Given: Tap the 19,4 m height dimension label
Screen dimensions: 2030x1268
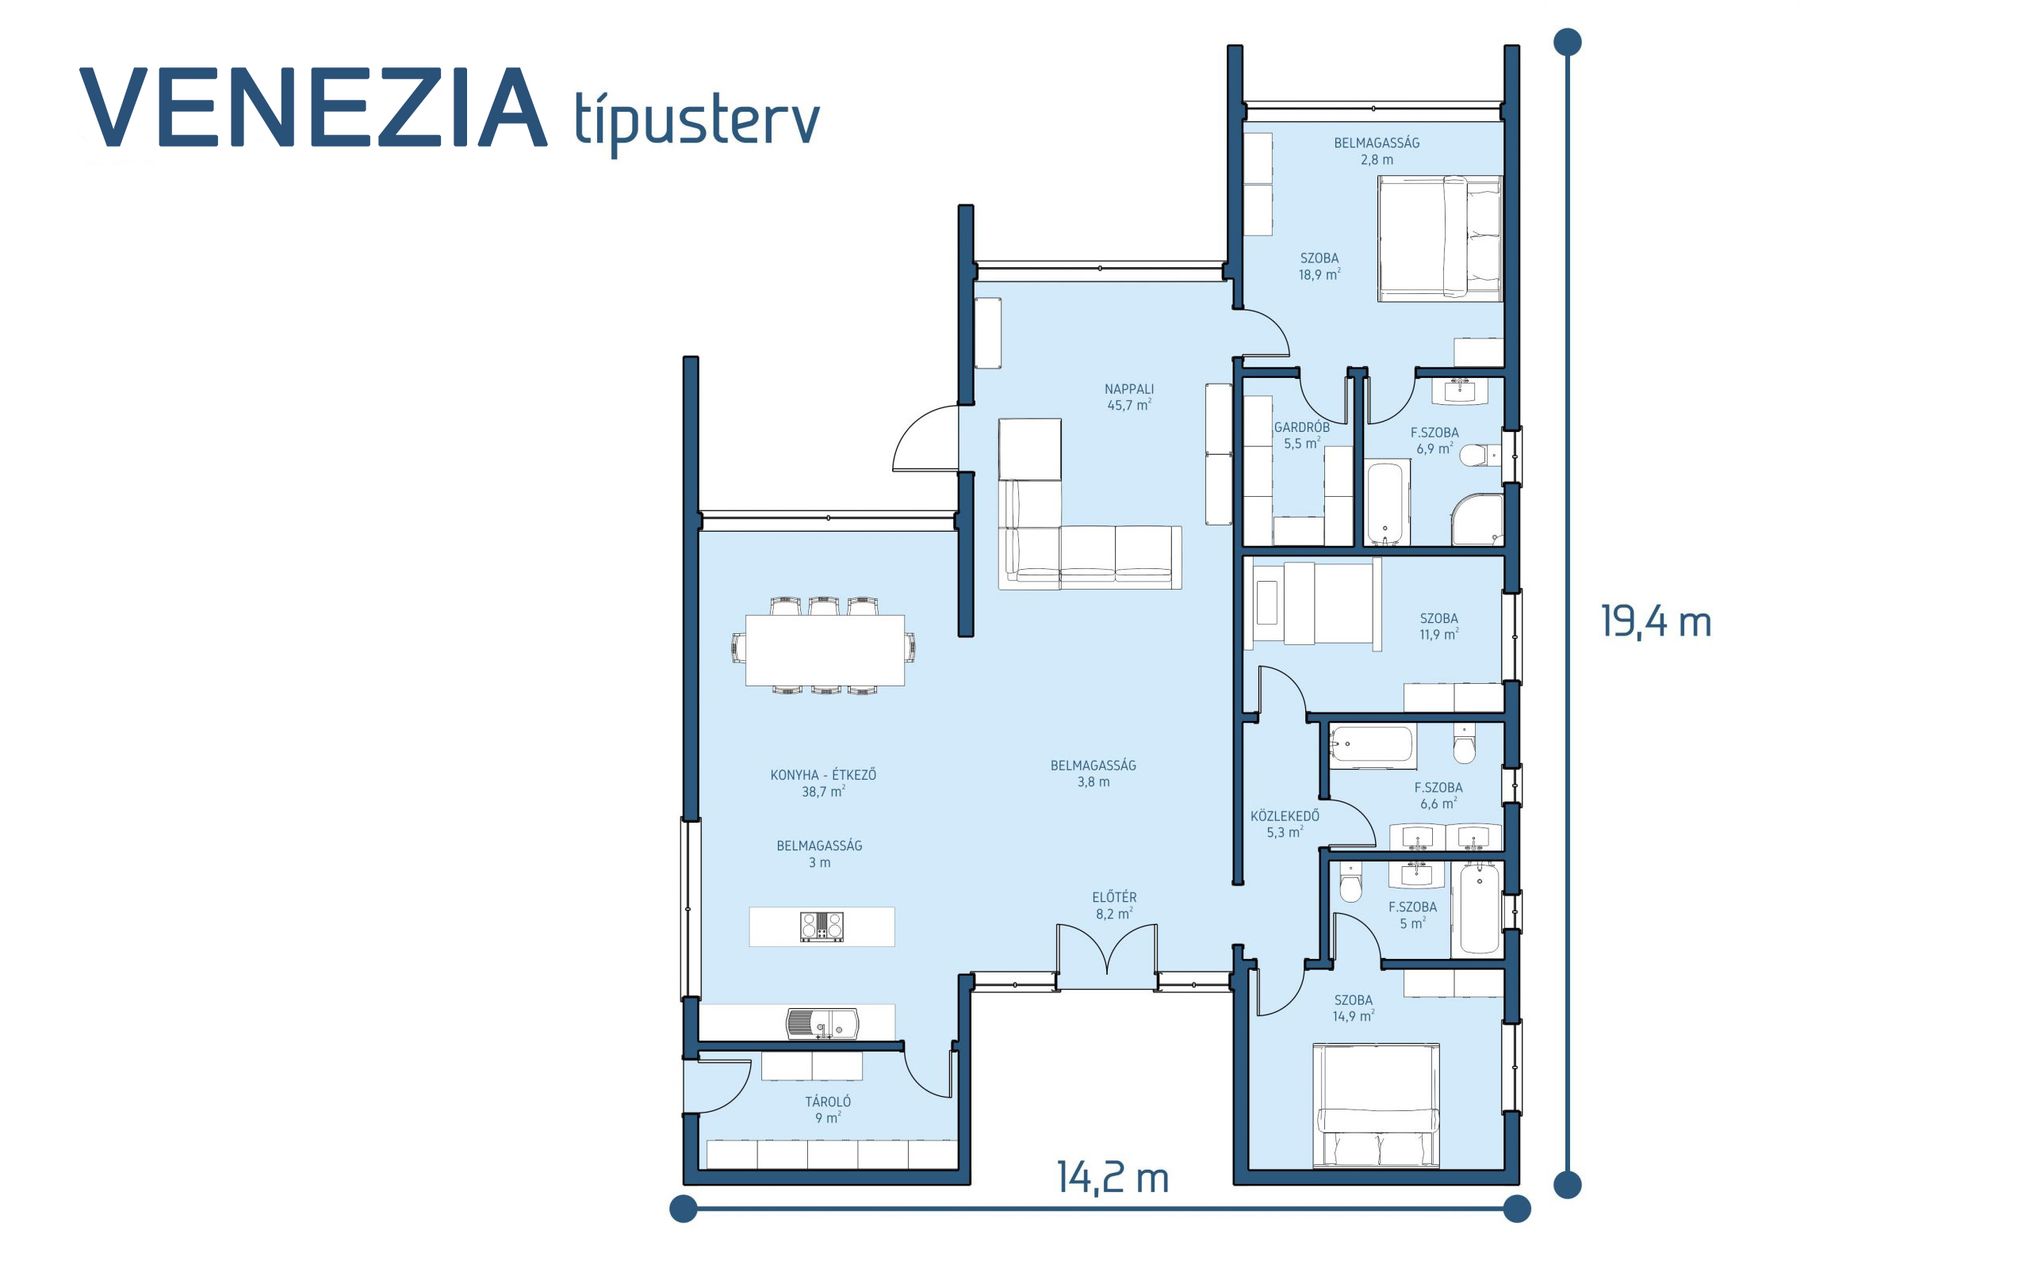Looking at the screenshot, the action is [x=1655, y=622].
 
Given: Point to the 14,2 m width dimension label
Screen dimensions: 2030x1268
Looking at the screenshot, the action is [x=1113, y=1178].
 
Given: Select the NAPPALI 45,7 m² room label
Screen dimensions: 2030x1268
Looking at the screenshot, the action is [x=1129, y=397].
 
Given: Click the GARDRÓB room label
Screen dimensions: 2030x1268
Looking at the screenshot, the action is [x=1301, y=427].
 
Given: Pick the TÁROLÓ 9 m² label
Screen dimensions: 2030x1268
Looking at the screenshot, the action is [x=828, y=1109].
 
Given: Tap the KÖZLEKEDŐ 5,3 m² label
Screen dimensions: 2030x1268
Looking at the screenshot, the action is [x=1285, y=823].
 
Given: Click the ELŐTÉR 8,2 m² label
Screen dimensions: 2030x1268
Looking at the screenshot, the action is [x=1114, y=906].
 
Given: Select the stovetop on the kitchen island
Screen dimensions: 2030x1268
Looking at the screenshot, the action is [x=822, y=926].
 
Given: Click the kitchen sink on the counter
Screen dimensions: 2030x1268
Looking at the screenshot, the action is [x=822, y=1024].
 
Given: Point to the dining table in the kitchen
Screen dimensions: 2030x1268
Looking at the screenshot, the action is [x=825, y=651].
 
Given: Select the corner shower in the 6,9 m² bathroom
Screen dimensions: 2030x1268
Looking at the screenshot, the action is [x=1477, y=520].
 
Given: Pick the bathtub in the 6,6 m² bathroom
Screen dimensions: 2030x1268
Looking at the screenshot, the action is [x=1373, y=744].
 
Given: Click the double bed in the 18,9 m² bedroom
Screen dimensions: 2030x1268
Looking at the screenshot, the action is [x=1440, y=239].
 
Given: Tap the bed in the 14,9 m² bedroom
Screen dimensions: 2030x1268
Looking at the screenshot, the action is [x=1376, y=1106].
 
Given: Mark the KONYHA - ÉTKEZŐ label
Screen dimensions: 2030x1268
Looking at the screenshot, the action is [x=823, y=775].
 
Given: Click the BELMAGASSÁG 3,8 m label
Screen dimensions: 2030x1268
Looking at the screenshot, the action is [x=1093, y=773].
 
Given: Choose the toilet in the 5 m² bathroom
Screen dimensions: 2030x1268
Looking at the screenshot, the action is [x=1350, y=882].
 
